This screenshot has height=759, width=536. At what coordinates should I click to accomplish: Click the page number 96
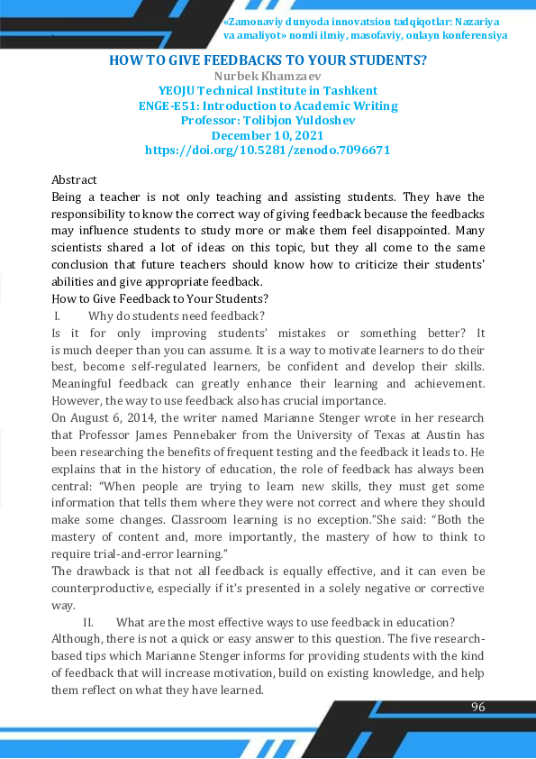[x=478, y=706]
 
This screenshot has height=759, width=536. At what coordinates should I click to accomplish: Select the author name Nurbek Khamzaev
[x=268, y=76]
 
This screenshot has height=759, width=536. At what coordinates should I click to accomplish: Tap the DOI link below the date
[x=268, y=150]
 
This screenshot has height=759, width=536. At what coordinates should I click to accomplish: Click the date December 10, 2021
[x=268, y=134]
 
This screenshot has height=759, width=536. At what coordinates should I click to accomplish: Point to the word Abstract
[x=74, y=180]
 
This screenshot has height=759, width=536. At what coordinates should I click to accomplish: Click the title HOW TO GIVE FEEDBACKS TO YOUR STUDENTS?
[x=268, y=60]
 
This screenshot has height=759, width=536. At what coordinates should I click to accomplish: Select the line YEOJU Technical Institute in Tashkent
[x=268, y=90]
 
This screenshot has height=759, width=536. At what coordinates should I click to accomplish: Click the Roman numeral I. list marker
[x=58, y=315]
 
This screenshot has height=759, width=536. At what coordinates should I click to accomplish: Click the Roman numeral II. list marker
[x=89, y=622]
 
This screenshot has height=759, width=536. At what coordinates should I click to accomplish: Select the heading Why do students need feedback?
[x=177, y=315]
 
